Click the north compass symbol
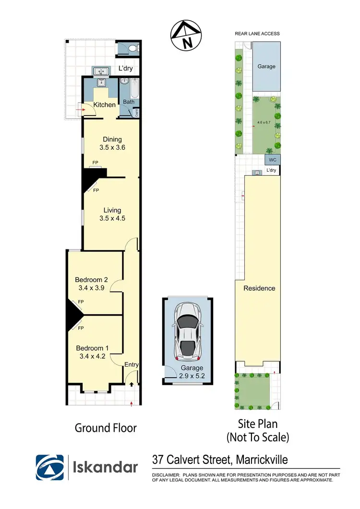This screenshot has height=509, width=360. coord(184,37)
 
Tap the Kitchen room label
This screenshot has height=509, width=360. coord(104,105)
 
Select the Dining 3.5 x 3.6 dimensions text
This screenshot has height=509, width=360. coord(112,148)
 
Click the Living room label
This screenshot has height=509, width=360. coord(112,210)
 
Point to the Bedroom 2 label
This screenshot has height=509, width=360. coord(91,280)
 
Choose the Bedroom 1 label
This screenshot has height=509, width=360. coord(91,348)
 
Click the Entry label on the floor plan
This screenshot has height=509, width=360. coord(132,365)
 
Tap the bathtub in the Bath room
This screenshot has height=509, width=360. coord(129,89)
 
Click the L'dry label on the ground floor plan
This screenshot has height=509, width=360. coord(126,69)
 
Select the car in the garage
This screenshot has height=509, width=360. coord(187,332)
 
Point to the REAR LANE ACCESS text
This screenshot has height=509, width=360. coord(257,34)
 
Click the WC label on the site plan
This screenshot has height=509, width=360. coord(272,160)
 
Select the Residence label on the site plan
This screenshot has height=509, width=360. coord(259,288)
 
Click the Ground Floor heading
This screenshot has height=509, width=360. coord(106,427)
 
